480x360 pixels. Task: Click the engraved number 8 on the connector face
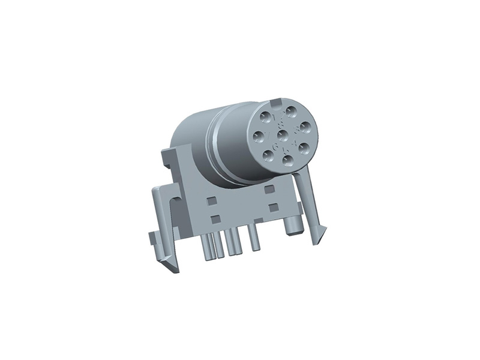[x=281, y=126]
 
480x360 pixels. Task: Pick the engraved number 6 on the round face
[x=275, y=146]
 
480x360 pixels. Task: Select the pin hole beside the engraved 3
[x=305, y=127]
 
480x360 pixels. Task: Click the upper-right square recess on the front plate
[x=269, y=189]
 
